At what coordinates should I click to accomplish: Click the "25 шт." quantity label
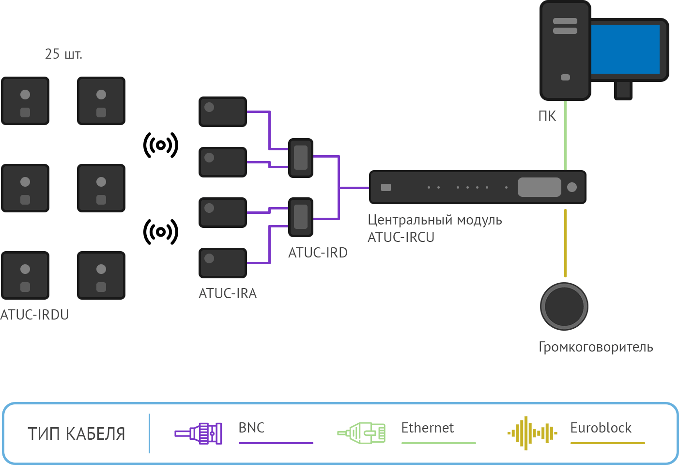[x=63, y=54]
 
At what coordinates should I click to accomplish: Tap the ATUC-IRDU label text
[x=34, y=315]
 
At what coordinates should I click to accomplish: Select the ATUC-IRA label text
[x=228, y=293]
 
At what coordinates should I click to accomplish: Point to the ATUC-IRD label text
[x=318, y=253]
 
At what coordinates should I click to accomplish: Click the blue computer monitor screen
[x=625, y=49]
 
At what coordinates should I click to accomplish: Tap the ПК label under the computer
[x=547, y=116]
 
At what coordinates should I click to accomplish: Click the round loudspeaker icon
[x=564, y=306]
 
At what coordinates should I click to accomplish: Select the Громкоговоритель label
[x=596, y=347]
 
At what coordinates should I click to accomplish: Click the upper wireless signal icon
[x=161, y=145]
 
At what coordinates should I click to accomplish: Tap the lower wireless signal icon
[x=161, y=232]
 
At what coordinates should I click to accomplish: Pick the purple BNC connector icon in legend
[x=199, y=433]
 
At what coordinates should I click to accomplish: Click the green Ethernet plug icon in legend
[x=361, y=433]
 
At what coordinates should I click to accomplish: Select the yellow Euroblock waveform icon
[x=532, y=433]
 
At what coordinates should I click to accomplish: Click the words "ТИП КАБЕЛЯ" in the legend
[x=77, y=433]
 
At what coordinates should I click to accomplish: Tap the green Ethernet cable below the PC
[x=565, y=135]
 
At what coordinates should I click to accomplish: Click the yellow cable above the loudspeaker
[x=565, y=243]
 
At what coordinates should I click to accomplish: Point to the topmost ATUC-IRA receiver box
[x=223, y=112]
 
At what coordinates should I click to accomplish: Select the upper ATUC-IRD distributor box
[x=301, y=158]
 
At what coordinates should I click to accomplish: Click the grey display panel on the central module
[x=539, y=187]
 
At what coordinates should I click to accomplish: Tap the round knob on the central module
[x=572, y=187]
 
